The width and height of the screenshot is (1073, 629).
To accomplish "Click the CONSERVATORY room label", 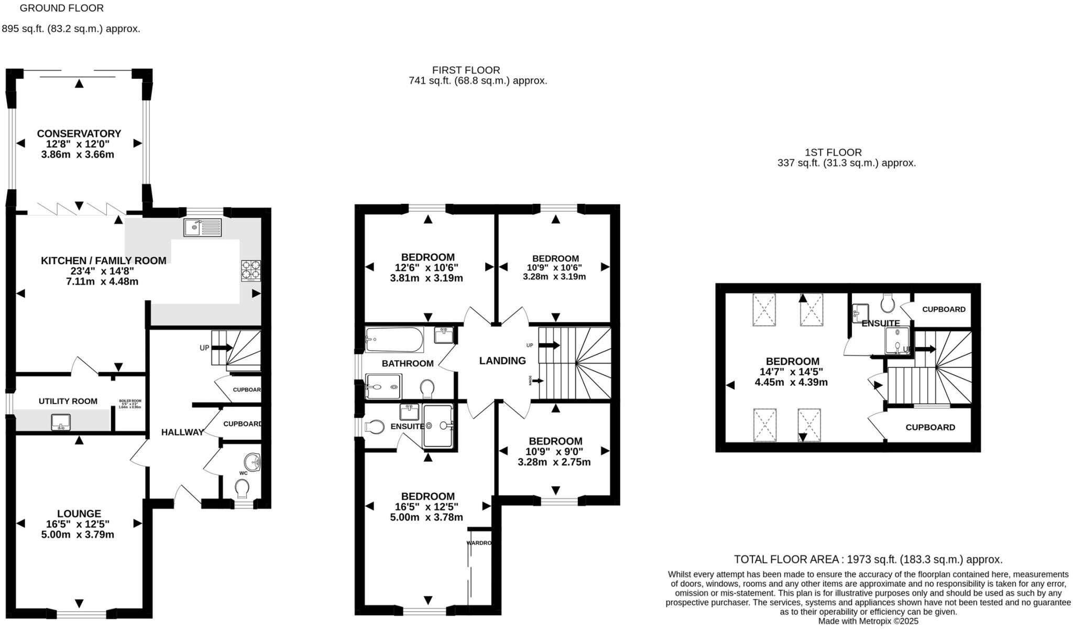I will coord(79,134).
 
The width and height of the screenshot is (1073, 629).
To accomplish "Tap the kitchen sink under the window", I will coord(203,227).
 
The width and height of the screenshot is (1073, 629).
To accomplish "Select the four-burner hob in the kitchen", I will coord(250,270).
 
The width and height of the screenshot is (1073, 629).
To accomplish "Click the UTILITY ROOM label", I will coord(68,401).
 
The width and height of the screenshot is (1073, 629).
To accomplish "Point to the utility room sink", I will coord(61,422).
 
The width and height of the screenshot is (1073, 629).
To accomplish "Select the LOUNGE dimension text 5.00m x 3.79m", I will coord(78,535).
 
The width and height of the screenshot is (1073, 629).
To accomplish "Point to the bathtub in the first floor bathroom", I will coord(394,339).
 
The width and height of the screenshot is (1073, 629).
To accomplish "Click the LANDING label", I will coord(502,361).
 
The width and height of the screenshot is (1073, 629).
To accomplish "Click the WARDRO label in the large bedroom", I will coord(479,543).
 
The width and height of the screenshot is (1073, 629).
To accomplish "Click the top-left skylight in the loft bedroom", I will coord(764,310).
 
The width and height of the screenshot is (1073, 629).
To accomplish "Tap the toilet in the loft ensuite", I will coord(888,302).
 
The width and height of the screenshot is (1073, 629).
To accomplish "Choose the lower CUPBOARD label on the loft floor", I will coord(930,427).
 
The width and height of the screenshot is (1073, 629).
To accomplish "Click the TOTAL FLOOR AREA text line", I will coord(868,559).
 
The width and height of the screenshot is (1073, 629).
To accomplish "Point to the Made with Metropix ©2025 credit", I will coord(868,621).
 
